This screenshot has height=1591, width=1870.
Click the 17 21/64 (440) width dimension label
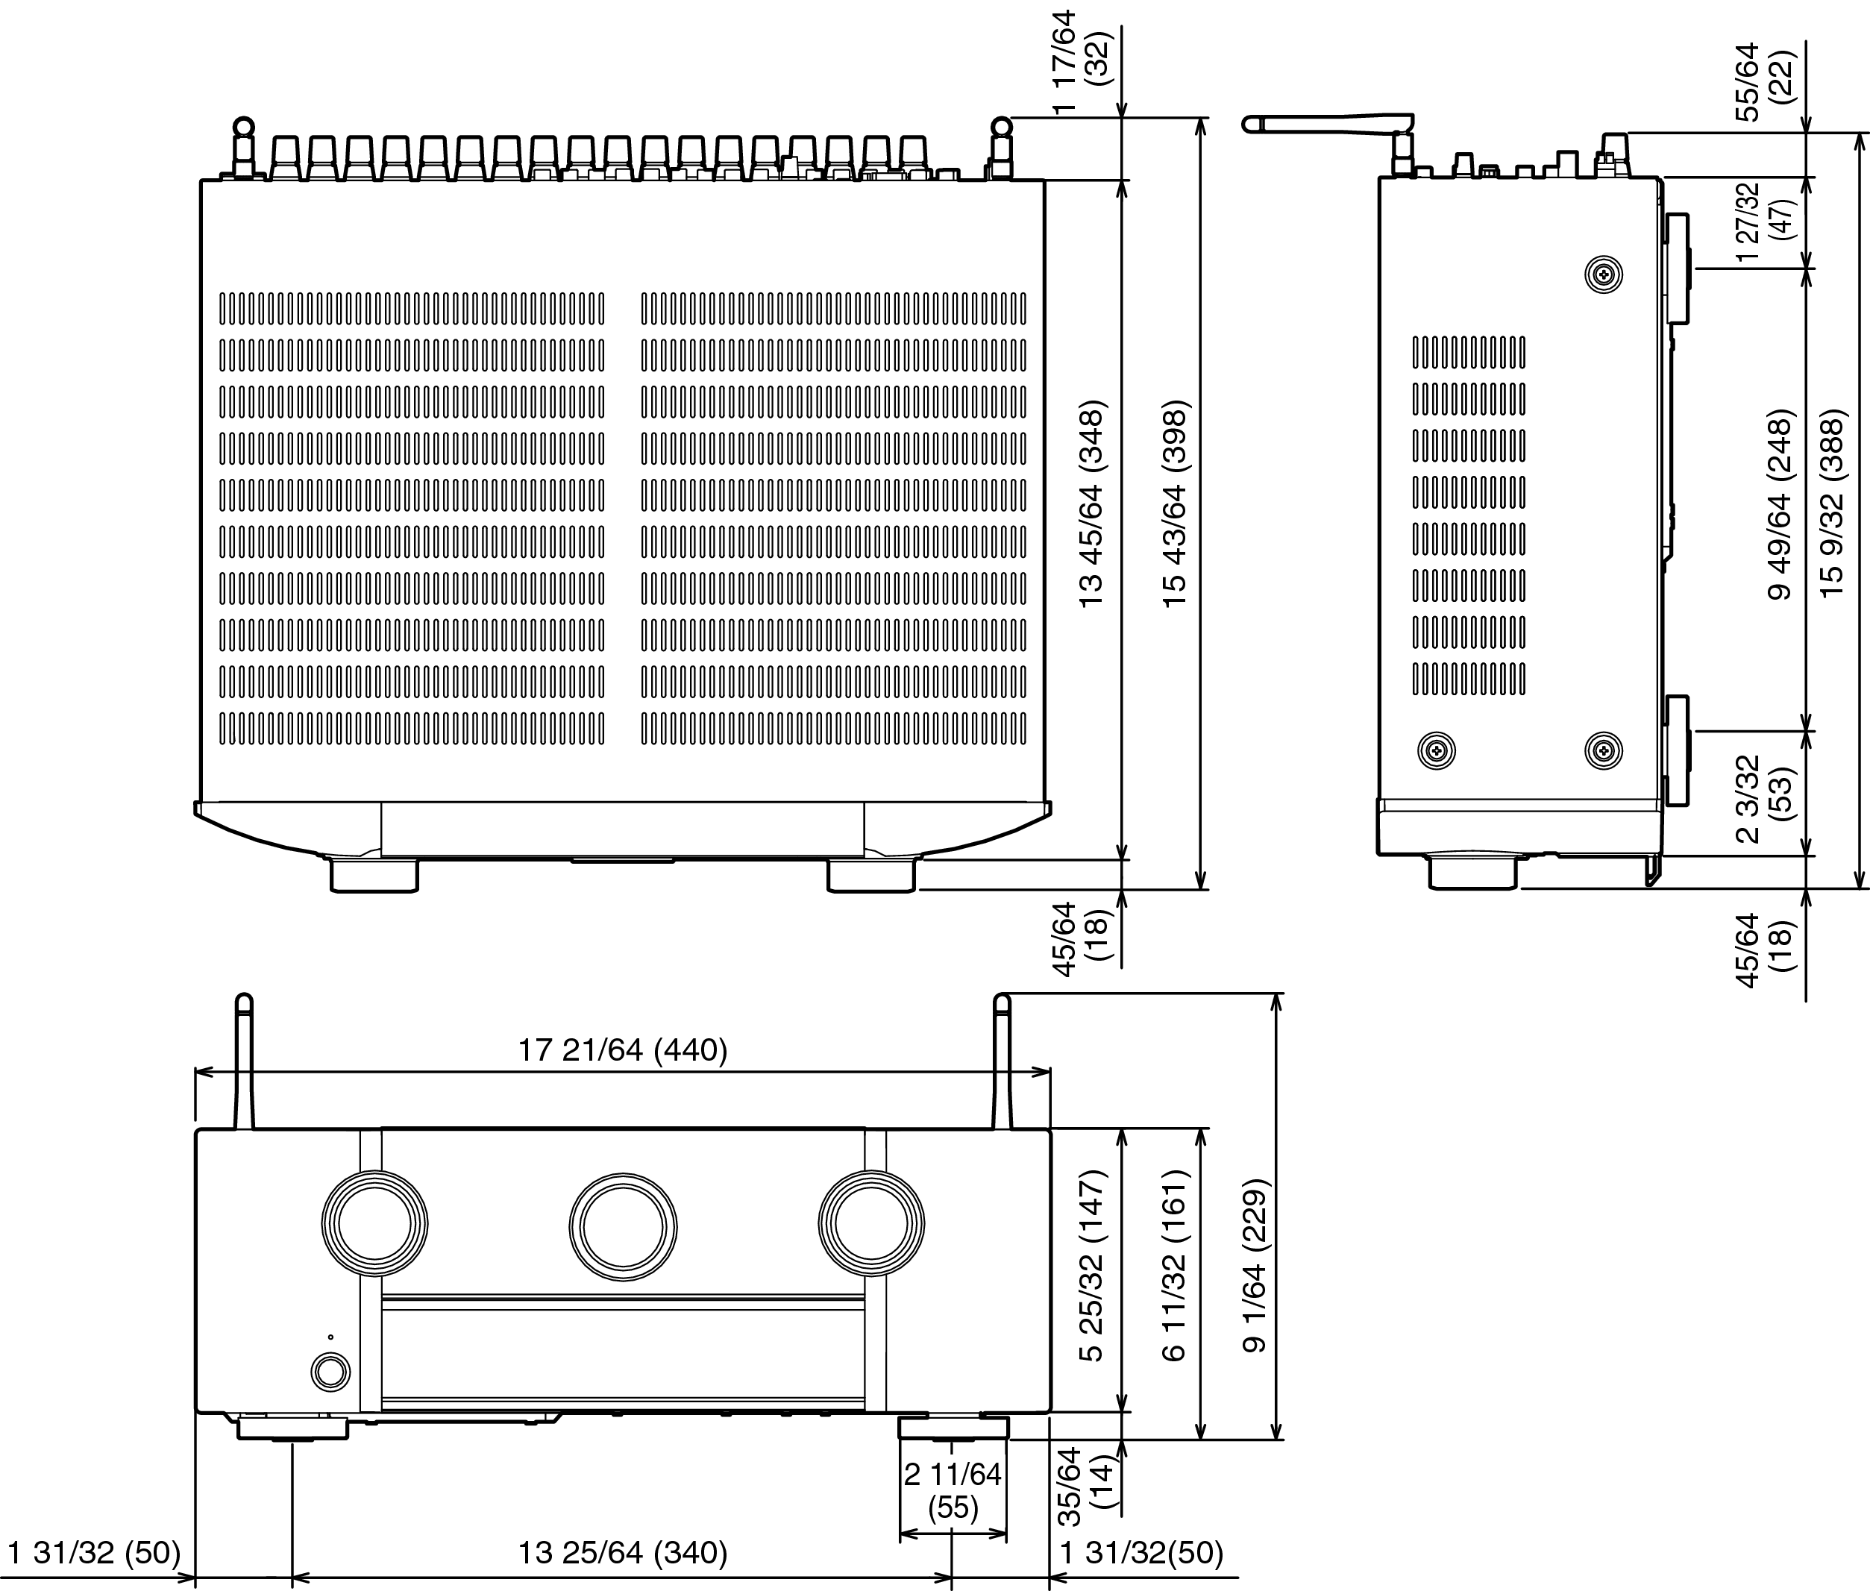622,1049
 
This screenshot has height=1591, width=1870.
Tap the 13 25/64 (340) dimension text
622,1553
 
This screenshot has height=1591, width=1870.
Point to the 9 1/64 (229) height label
1255,1265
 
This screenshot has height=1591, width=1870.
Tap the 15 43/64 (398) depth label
1176,503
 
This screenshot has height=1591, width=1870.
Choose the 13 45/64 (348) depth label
1093,503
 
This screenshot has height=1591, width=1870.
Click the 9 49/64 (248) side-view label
1780,505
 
